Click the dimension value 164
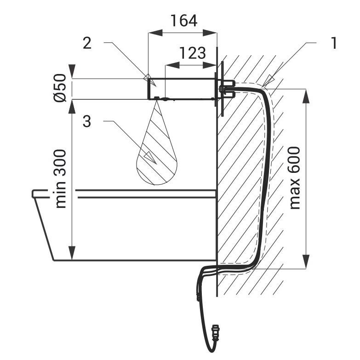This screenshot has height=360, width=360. pyautogui.click(x=183, y=21)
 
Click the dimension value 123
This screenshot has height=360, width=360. pyautogui.click(x=192, y=53)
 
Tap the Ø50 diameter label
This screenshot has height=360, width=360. pyautogui.click(x=60, y=88)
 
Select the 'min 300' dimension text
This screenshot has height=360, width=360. pyautogui.click(x=61, y=179)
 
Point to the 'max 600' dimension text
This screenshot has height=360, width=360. pyautogui.click(x=295, y=178)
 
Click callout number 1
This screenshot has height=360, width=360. pyautogui.click(x=334, y=43)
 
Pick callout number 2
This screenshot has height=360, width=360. pyautogui.click(x=87, y=43)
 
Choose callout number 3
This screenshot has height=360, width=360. pyautogui.click(x=87, y=121)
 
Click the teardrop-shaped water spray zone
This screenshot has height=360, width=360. pyautogui.click(x=157, y=147)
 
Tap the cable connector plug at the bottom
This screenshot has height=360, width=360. pyautogui.click(x=216, y=332)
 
